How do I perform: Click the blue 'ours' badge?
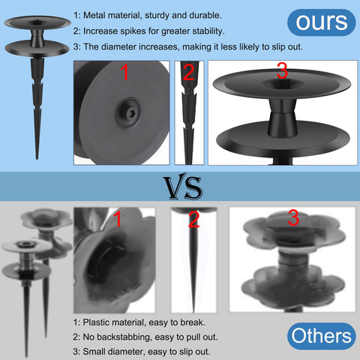322,22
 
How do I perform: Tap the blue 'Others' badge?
322,336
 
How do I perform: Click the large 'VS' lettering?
182,187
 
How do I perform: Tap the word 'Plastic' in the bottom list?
96,322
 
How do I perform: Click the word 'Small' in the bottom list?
93,352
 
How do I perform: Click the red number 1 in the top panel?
124,72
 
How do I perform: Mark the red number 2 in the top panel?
188,72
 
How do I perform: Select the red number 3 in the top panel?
283,70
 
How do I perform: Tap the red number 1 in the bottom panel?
118,219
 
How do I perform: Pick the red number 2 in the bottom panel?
193,219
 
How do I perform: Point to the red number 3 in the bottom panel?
293,217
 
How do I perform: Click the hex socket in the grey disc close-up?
130,114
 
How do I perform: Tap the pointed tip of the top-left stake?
37,158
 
